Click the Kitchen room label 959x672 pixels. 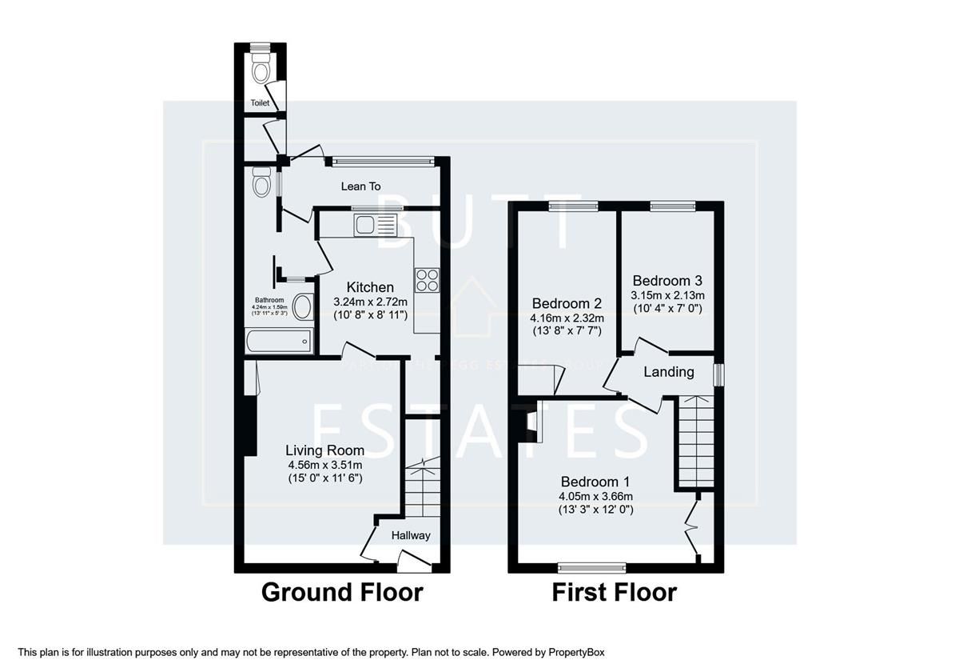pyautogui.click(x=370, y=287)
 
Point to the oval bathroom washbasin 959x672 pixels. pyautogui.click(x=303, y=307)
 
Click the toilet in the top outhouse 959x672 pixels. pyautogui.click(x=261, y=72)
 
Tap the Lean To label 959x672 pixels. pyautogui.click(x=361, y=186)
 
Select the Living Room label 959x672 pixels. pyautogui.click(x=325, y=450)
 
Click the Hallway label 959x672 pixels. pyautogui.click(x=411, y=535)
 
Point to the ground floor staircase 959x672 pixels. pyautogui.click(x=421, y=488)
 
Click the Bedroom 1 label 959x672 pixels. pyautogui.click(x=595, y=482)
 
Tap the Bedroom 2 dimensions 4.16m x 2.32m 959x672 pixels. pyautogui.click(x=567, y=318)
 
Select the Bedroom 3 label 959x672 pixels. pyautogui.click(x=667, y=281)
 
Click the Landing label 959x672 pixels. pyautogui.click(x=669, y=372)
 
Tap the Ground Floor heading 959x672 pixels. pyautogui.click(x=342, y=593)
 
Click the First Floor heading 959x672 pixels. pyautogui.click(x=614, y=593)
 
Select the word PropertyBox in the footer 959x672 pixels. pyautogui.click(x=580, y=653)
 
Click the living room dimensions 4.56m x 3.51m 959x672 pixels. pyautogui.click(x=325, y=465)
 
